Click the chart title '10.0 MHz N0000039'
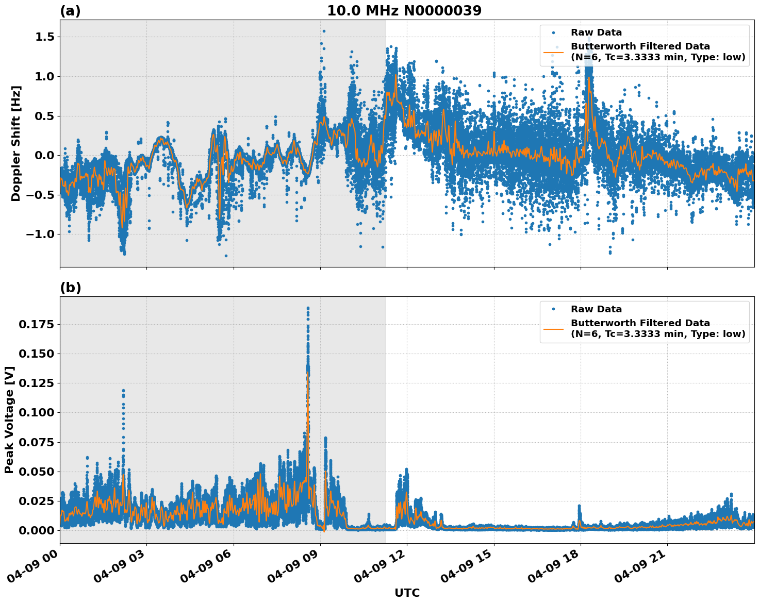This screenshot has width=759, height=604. [404, 11]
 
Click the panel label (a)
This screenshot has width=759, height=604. [70, 11]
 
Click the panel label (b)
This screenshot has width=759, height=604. [70, 288]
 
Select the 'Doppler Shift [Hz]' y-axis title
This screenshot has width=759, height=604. [16, 143]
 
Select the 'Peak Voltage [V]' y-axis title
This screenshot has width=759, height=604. [9, 420]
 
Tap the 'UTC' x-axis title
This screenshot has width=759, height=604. [407, 593]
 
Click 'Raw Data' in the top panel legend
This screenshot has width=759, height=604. [596, 32]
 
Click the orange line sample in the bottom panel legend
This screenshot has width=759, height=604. [553, 328]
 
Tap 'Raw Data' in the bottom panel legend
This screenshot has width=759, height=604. [596, 309]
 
